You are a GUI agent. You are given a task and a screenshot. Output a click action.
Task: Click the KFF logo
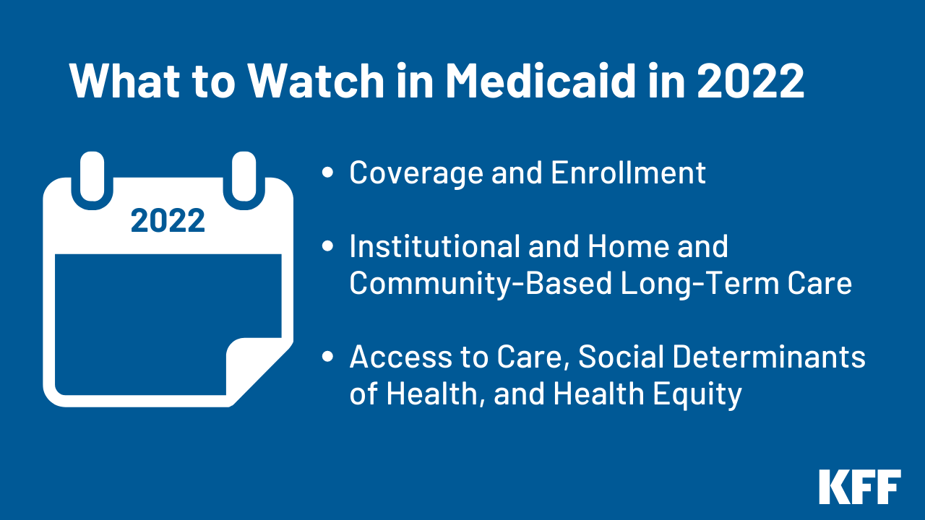pos(860,487)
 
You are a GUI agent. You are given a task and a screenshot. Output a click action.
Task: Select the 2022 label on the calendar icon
pos(168,221)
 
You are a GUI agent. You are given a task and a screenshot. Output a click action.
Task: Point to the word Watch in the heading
pos(313,81)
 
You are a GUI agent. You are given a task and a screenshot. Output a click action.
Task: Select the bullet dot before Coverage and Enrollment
pos(328,173)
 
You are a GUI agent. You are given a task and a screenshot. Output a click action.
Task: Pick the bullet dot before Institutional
pos(328,247)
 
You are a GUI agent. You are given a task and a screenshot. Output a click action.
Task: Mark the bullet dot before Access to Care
pos(328,357)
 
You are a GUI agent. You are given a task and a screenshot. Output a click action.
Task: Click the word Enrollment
pos(628,173)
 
